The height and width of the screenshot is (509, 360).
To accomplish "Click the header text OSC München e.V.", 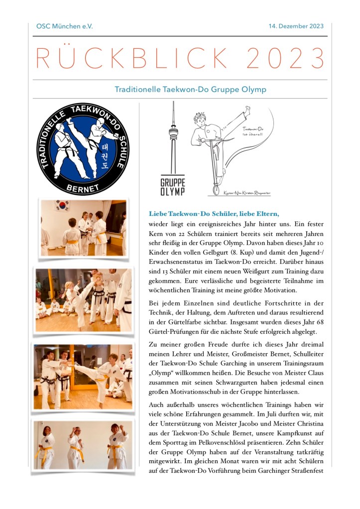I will pos(64,26).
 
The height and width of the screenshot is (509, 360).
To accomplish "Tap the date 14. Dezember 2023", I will pos(296,26).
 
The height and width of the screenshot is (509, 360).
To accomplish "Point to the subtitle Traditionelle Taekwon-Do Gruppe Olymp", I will pos(190,90).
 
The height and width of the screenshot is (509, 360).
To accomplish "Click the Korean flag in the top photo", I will pos(63,205).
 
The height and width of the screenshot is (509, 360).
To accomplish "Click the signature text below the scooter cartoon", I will pos(249,192).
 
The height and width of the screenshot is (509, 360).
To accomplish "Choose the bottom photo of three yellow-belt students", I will pos(83,445).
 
